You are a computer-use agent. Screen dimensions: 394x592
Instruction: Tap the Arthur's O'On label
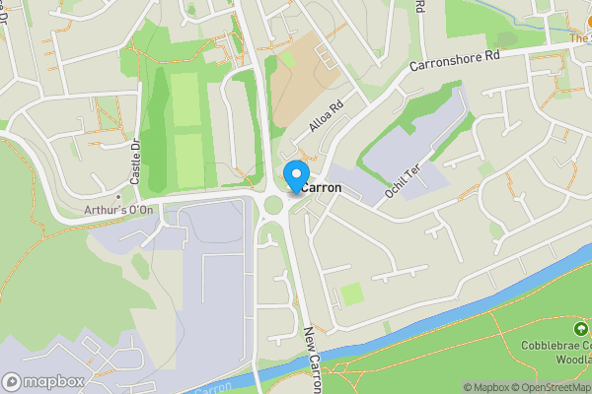coord(117,210)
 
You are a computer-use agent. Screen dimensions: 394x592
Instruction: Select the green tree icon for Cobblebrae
coord(581,327)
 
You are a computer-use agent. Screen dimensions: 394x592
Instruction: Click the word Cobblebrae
coord(554,345)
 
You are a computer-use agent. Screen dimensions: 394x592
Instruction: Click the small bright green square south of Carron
coord(351,294)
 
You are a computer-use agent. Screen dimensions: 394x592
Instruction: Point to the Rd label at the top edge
coord(419,6)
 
